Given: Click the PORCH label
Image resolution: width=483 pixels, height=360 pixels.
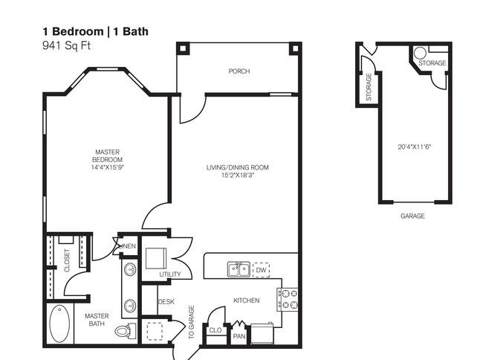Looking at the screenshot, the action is [x=239, y=71].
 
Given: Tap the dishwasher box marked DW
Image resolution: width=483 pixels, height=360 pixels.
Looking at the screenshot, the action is [x=261, y=270].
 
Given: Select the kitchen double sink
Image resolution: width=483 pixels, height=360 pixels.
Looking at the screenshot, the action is [x=239, y=270].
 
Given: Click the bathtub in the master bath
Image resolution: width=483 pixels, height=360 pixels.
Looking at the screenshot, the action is [x=59, y=324].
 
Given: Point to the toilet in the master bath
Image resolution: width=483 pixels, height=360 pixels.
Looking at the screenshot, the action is [x=126, y=331].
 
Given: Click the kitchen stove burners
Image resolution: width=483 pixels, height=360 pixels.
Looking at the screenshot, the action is [x=288, y=299].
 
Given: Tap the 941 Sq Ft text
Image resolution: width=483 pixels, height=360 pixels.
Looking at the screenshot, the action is [x=67, y=46].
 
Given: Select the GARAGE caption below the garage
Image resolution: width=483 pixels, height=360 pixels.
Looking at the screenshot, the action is [x=412, y=216].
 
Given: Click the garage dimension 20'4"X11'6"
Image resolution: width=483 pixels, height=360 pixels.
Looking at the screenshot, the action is [x=414, y=147].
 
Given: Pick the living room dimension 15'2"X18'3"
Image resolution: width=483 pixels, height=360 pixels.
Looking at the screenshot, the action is [x=238, y=176].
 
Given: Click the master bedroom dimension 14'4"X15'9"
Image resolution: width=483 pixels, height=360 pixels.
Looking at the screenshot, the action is [x=107, y=167].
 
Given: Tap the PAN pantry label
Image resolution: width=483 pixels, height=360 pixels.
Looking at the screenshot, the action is [x=239, y=336].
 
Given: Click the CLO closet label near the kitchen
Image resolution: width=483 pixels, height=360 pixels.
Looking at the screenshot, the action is [x=215, y=330].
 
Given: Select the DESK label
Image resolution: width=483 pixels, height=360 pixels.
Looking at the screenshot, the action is [x=166, y=302].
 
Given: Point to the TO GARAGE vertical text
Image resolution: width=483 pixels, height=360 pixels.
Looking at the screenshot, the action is [x=191, y=322].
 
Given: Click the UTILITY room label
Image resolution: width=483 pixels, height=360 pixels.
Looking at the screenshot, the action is [x=170, y=274].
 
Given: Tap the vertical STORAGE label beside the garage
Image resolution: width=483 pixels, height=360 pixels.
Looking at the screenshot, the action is [x=369, y=87].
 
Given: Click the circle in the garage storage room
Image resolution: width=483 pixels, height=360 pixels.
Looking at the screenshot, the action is [x=420, y=53].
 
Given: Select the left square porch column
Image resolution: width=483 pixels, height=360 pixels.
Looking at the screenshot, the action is [x=183, y=48].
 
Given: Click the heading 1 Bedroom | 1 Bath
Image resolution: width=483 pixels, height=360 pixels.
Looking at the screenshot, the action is [x=96, y=31].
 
